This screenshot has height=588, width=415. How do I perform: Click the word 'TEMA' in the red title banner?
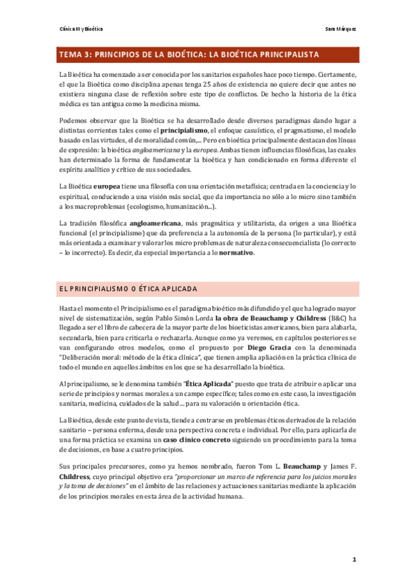[x=71, y=54]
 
